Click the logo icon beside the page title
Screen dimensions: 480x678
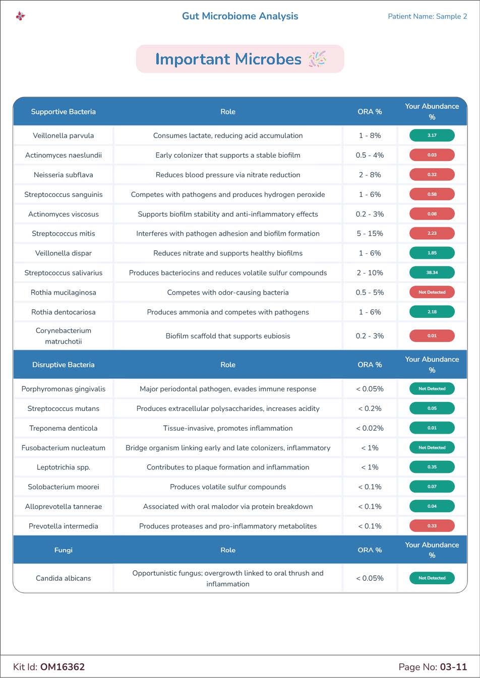[20, 16]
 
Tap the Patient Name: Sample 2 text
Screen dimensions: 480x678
[427, 16]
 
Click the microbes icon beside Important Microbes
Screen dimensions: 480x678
[317, 59]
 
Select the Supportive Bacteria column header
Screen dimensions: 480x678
[64, 112]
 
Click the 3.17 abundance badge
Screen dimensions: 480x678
[432, 135]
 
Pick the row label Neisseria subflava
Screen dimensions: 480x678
[64, 175]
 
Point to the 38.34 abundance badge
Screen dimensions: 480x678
[432, 273]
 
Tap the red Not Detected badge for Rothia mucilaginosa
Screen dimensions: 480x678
[432, 292]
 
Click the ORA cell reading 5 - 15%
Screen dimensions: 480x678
[370, 233]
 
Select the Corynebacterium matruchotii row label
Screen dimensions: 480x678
[64, 336]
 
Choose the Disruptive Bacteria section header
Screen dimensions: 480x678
[64, 365]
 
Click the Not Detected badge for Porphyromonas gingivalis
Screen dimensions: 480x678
[432, 389]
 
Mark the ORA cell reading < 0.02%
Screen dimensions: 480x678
[370, 428]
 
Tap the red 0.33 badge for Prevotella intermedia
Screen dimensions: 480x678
[432, 526]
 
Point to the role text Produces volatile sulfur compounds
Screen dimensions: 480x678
[228, 487]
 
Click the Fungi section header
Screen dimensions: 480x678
[64, 550]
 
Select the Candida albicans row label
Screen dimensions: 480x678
[64, 578]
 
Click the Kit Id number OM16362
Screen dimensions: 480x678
[63, 667]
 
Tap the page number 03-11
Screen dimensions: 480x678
[453, 667]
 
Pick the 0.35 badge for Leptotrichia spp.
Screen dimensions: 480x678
[432, 467]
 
